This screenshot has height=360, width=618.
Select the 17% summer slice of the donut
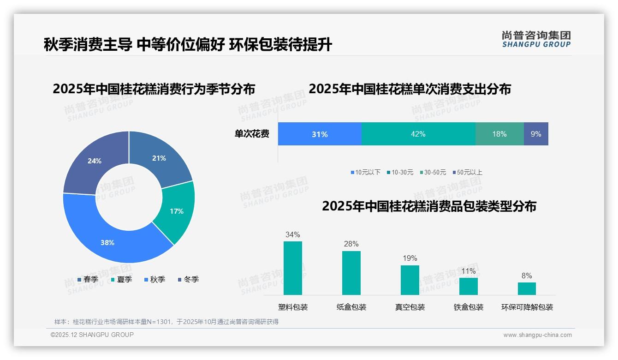pyautogui.click(x=177, y=211)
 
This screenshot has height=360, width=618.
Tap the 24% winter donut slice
pyautogui.click(x=95, y=161)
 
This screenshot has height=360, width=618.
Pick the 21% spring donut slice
pyautogui.click(x=159, y=158)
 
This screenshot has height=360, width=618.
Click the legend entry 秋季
pyautogui.click(x=155, y=280)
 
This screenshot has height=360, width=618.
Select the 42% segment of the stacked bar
pyautogui.click(x=418, y=134)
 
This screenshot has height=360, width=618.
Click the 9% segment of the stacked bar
pyautogui.click(x=536, y=134)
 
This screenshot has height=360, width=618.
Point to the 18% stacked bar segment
pyautogui.click(x=499, y=134)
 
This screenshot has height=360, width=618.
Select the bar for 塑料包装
pyautogui.click(x=293, y=268)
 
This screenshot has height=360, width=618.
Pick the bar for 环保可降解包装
pyautogui.click(x=527, y=288)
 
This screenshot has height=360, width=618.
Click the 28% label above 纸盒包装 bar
pyautogui.click(x=351, y=244)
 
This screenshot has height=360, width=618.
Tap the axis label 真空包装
pyautogui.click(x=410, y=307)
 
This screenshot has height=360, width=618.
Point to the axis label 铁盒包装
pyautogui.click(x=469, y=307)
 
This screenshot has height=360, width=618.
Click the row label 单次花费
pyautogui.click(x=252, y=134)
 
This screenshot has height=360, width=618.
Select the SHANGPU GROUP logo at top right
pyautogui.click(x=536, y=39)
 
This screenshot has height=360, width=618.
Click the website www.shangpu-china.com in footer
pyautogui.click(x=537, y=335)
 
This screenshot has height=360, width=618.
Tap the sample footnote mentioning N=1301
pyautogui.click(x=166, y=322)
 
